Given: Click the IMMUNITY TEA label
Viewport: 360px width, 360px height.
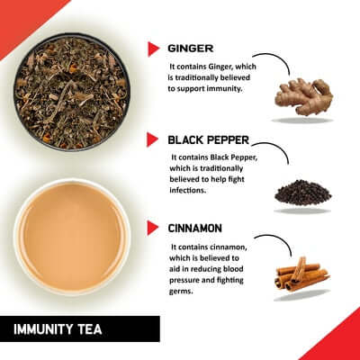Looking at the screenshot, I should point(64,329).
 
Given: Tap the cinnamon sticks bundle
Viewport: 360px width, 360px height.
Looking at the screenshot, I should point(301,274).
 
